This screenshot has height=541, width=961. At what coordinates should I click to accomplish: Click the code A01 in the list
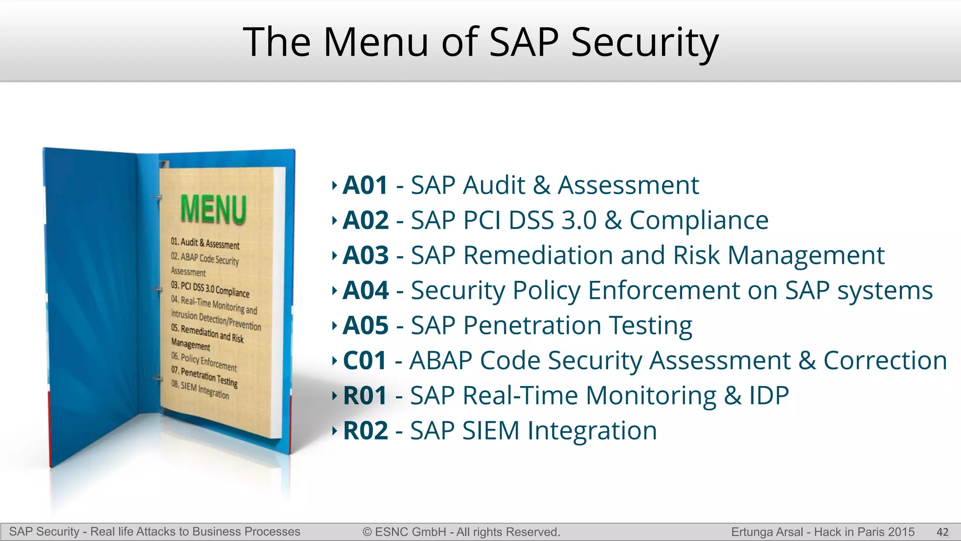[x=365, y=185]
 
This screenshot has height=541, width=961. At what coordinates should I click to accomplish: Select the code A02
[x=366, y=220]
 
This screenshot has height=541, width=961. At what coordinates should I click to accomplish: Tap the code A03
[x=366, y=255]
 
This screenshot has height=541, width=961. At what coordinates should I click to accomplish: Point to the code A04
[x=366, y=291]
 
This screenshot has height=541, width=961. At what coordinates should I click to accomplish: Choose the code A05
[x=366, y=325]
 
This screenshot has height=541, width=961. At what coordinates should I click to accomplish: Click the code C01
[x=365, y=361]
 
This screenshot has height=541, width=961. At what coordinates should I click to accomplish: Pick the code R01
[x=365, y=395]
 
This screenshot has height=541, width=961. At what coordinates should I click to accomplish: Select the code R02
[x=366, y=431]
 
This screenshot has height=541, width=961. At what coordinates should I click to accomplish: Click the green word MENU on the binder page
[x=214, y=209]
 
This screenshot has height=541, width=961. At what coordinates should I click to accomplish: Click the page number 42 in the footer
[x=942, y=532]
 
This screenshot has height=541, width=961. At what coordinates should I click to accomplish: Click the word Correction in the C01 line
[x=885, y=361]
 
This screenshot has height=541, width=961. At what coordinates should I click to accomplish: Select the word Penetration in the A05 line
[x=532, y=325]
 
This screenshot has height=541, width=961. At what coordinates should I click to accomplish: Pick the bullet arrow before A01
[x=334, y=185]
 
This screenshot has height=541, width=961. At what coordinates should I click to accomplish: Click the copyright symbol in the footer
[x=367, y=532]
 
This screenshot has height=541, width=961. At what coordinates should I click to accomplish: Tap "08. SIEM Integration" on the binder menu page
[x=200, y=389]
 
